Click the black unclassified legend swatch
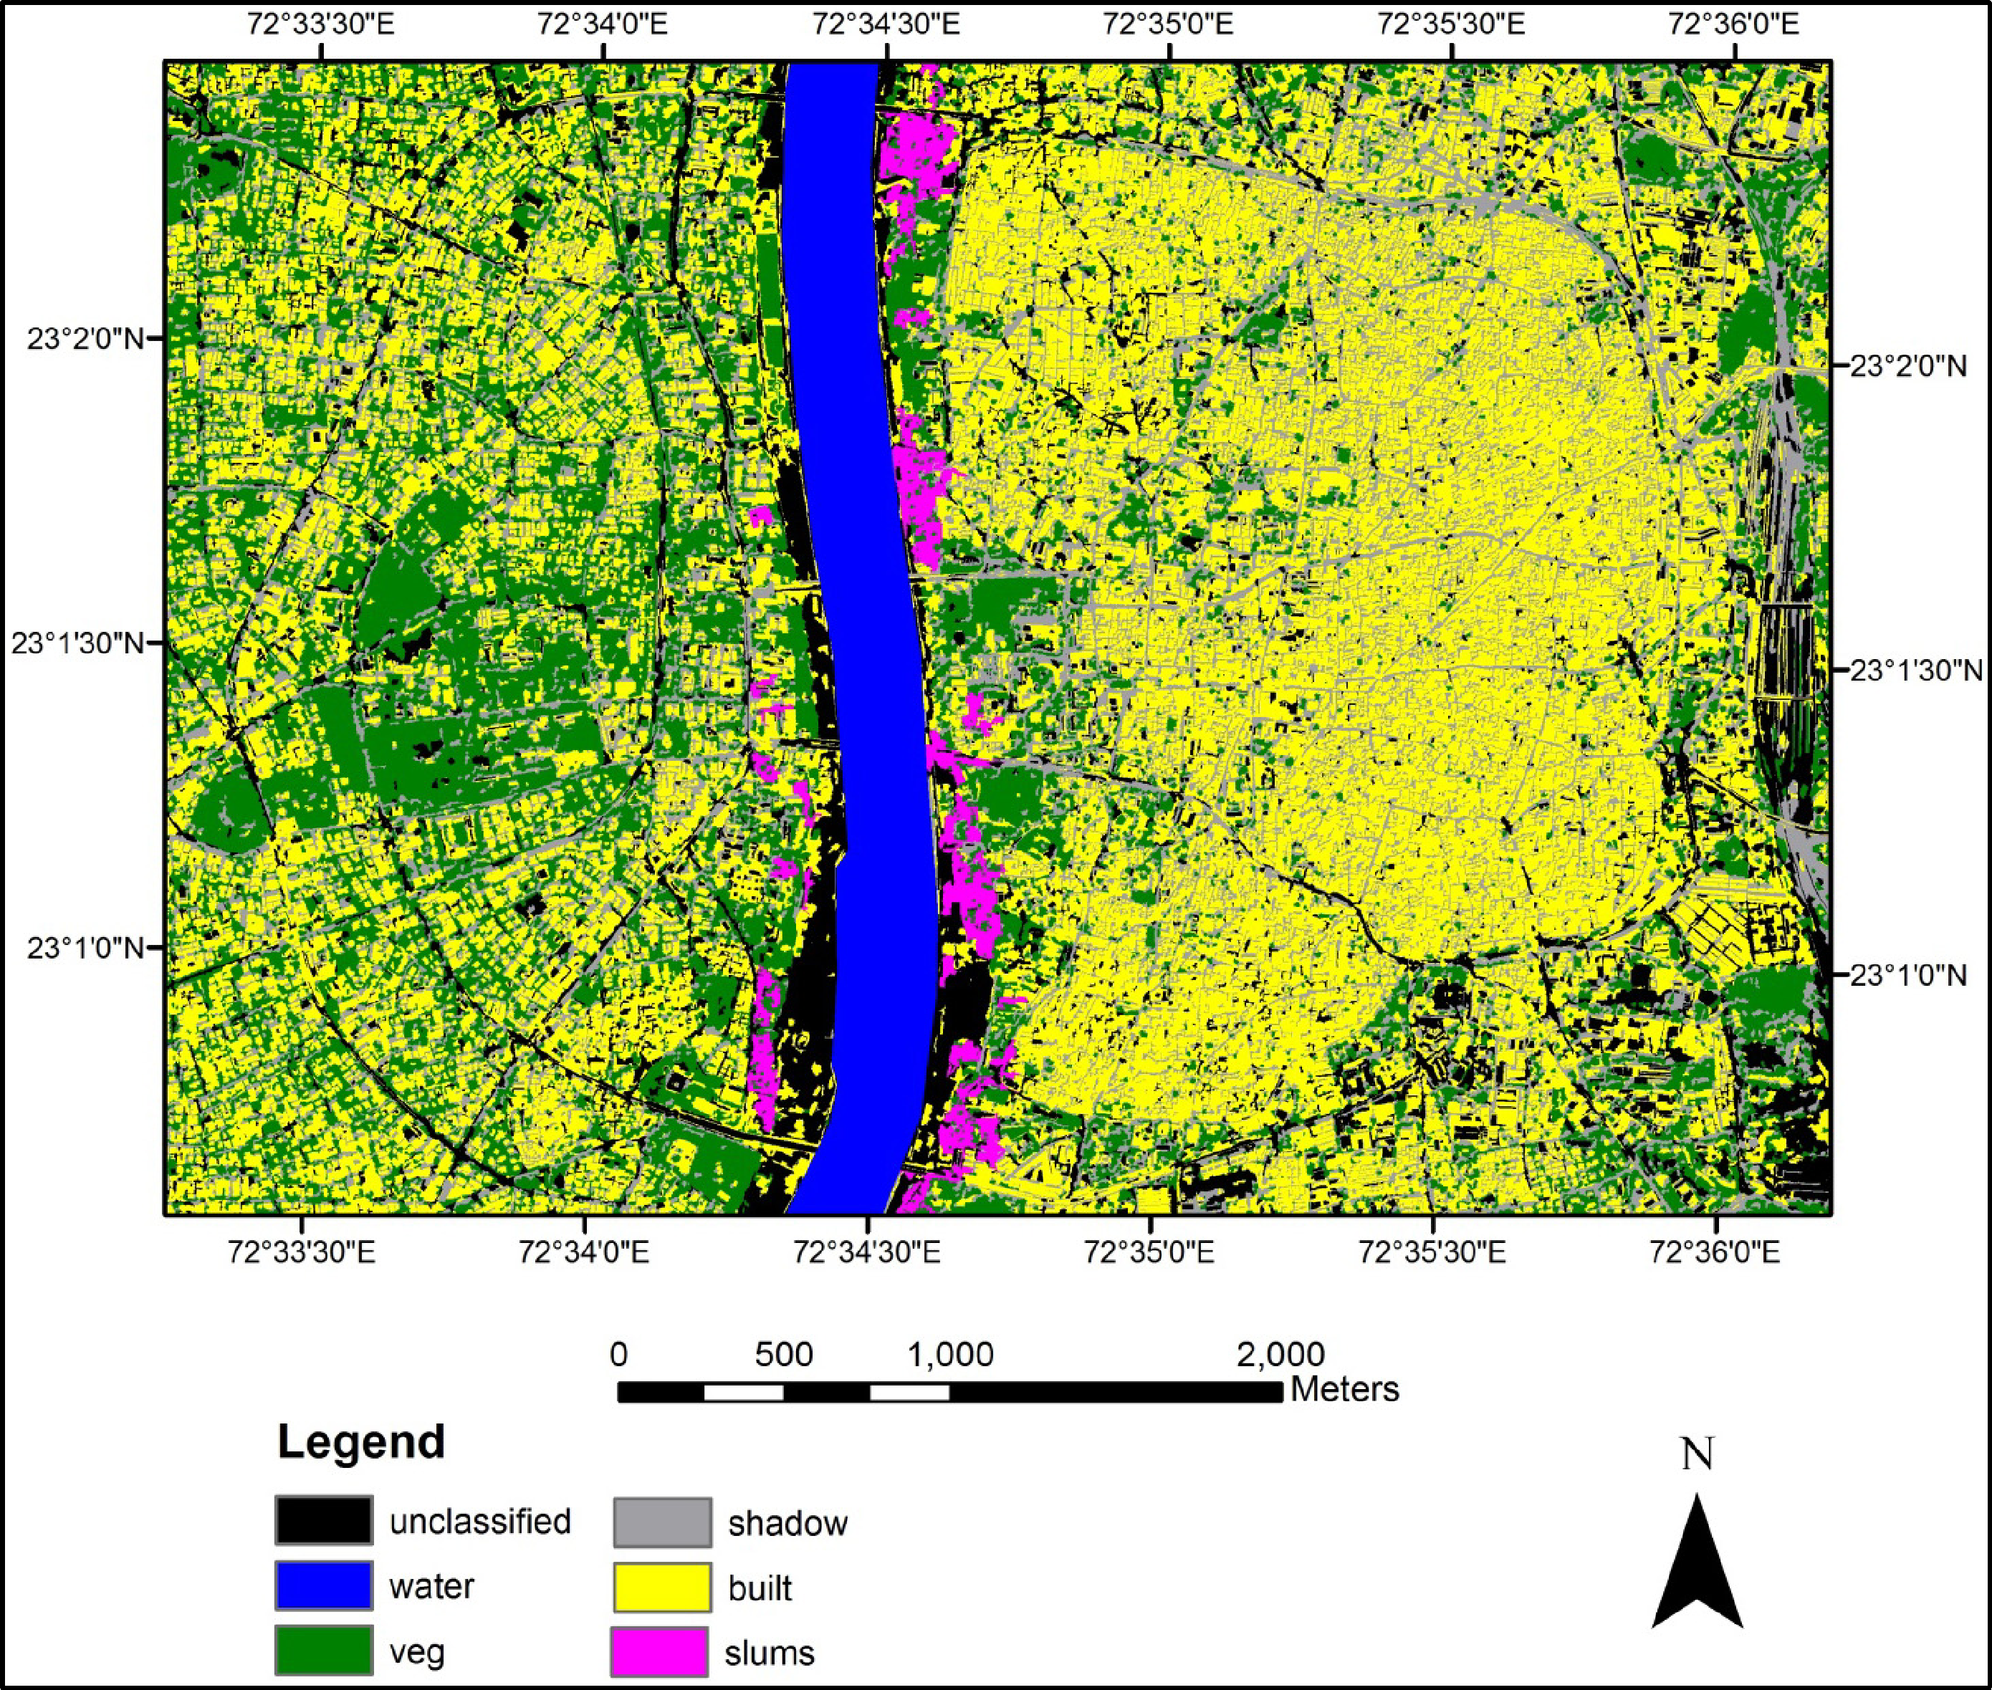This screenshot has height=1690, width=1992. point(323,1520)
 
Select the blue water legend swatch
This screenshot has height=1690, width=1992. point(323,1585)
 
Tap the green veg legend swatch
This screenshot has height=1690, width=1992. point(323,1650)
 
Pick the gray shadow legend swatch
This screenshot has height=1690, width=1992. point(662,1522)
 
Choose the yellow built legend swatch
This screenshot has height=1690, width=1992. point(662,1588)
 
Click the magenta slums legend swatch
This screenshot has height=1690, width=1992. point(659,1652)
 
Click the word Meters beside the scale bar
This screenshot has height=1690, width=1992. point(1344,1389)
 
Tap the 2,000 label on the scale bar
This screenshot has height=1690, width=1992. point(1280,1355)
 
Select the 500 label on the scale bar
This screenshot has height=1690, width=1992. point(784,1355)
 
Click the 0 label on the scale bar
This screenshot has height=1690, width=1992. point(619,1355)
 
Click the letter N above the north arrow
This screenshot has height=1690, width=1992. point(1697,1454)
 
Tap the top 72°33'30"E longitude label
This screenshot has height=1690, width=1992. point(320,24)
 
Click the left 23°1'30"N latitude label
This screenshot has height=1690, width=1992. point(77,643)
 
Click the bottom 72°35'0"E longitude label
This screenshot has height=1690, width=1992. point(1150,1252)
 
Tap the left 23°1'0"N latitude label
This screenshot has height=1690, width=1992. point(85,949)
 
